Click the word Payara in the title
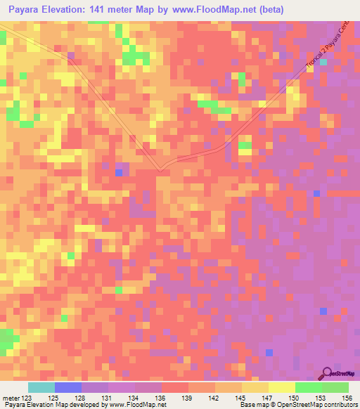pyautogui.click(x=25, y=10)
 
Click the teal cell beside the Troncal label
pyautogui.click(x=323, y=62)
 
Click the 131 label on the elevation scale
pyautogui.click(x=109, y=397)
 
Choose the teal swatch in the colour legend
pyautogui.click(x=41, y=387)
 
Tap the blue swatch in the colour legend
pyautogui.click(x=68, y=387)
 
